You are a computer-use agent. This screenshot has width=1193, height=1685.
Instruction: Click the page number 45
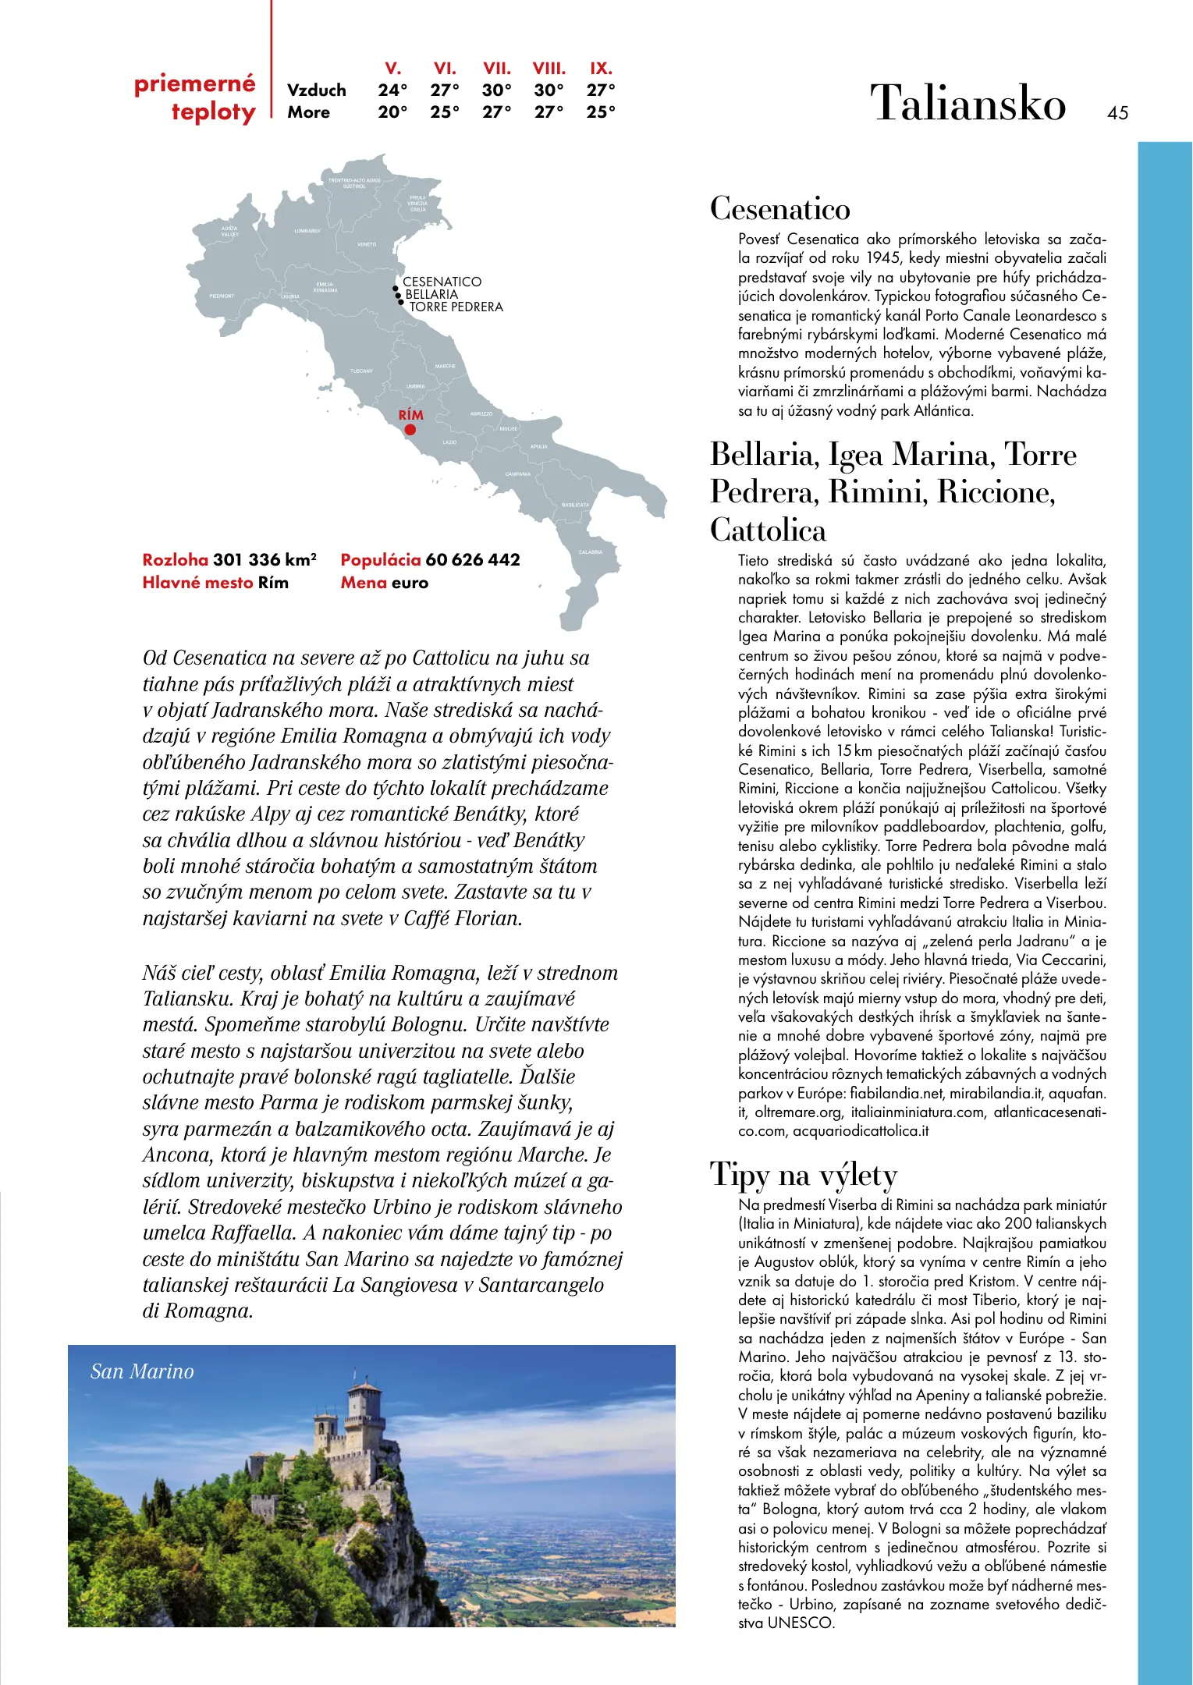point(1117,113)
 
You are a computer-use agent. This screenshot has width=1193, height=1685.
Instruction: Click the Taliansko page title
point(968,103)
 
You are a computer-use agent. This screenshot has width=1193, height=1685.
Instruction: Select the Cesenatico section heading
point(779,209)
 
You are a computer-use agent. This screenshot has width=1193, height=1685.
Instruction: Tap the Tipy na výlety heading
point(804,1174)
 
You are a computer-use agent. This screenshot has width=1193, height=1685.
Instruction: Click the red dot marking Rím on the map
point(410,430)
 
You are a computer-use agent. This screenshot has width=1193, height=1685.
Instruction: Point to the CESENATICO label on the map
point(442,282)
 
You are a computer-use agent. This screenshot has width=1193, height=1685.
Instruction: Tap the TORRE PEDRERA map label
point(456,307)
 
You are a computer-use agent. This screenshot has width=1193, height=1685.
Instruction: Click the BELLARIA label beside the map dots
point(431,295)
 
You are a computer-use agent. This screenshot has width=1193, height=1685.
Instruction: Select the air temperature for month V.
point(392,90)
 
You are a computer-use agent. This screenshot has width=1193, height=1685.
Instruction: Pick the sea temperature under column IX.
point(601,112)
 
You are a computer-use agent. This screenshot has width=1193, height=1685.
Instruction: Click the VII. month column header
point(497,69)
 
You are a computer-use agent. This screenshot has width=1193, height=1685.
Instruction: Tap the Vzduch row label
point(316,90)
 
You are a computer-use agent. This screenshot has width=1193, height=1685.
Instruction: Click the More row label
point(308,112)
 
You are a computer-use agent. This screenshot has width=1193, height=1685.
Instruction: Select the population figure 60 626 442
point(473,560)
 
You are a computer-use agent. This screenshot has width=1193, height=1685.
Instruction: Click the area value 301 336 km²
point(265,560)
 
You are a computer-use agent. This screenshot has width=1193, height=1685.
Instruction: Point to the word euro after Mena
point(410,583)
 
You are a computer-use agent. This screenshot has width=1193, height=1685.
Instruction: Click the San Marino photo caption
point(142,1371)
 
